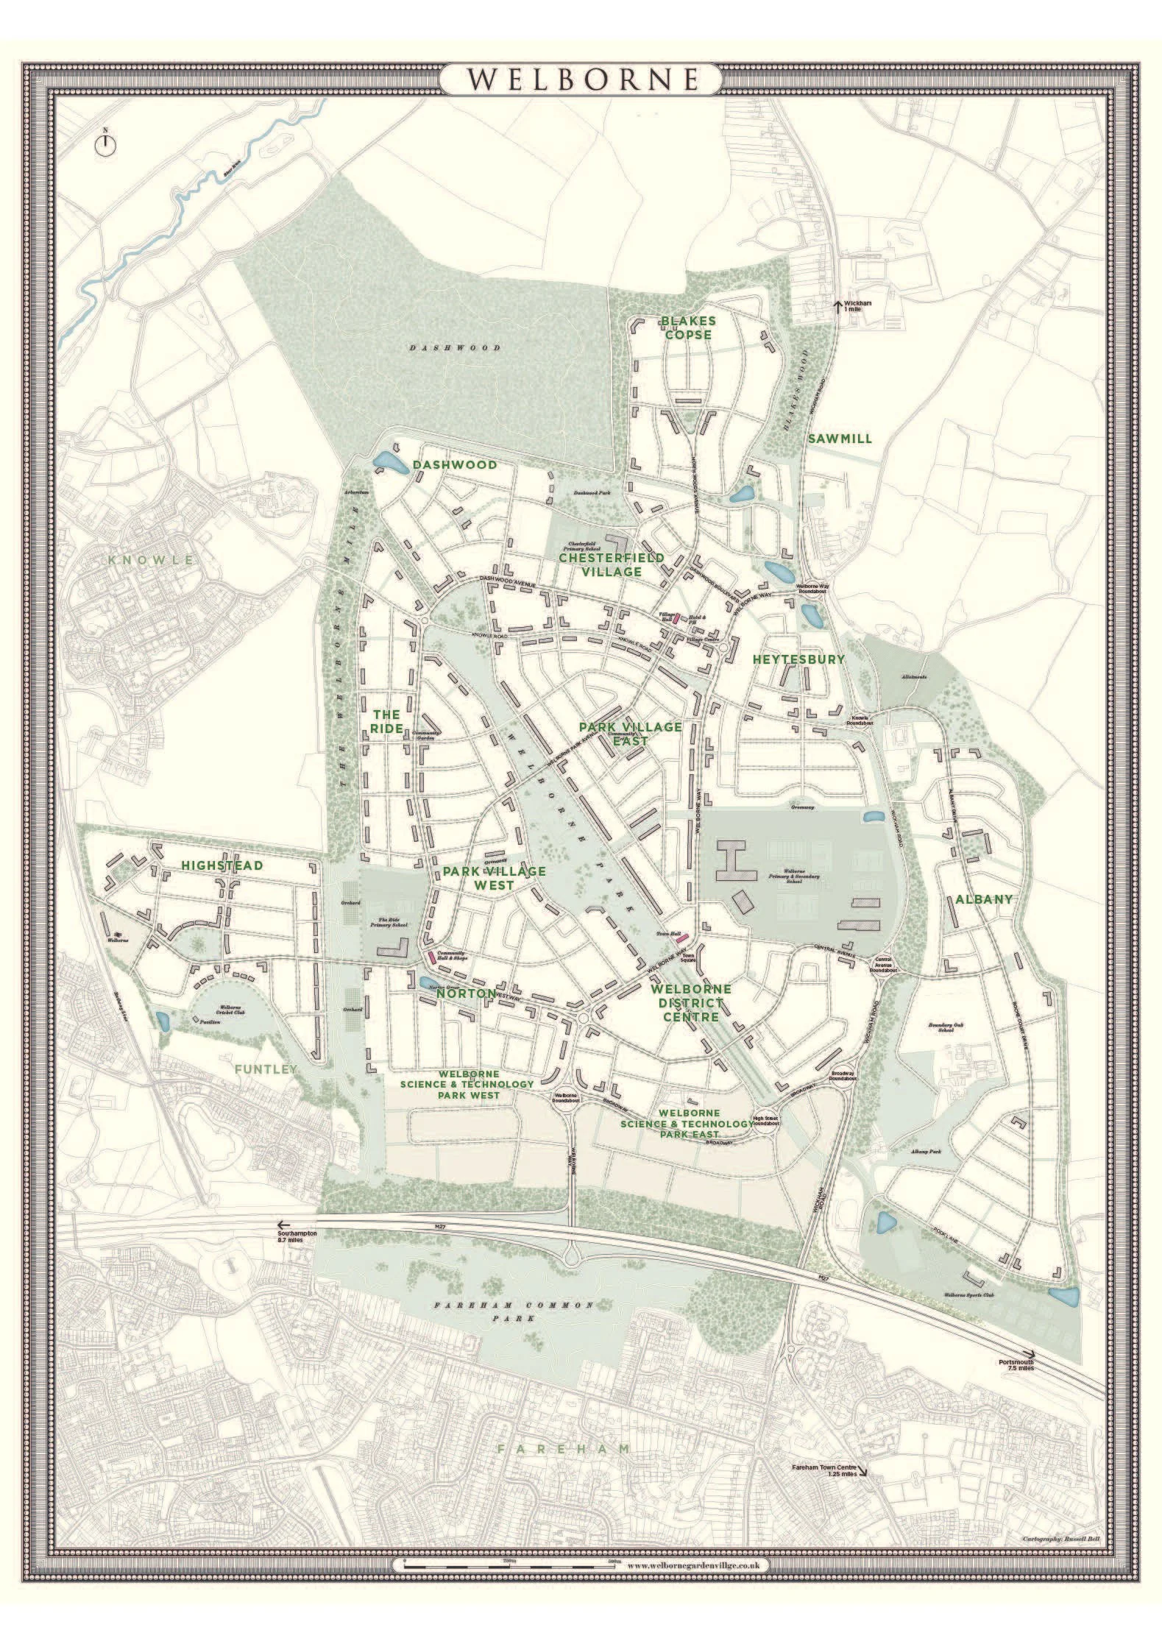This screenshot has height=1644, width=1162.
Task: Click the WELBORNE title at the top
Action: tap(581, 79)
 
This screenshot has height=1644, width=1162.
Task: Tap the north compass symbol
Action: tap(106, 143)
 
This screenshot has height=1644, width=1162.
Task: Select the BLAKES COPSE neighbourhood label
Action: tap(687, 327)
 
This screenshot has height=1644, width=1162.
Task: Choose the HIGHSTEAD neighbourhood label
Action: tap(222, 865)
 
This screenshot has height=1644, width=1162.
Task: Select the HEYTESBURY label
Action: tap(798, 659)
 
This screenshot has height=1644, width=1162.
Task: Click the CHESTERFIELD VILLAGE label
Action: tap(610, 564)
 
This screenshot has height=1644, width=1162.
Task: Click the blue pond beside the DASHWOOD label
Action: tap(389, 463)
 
